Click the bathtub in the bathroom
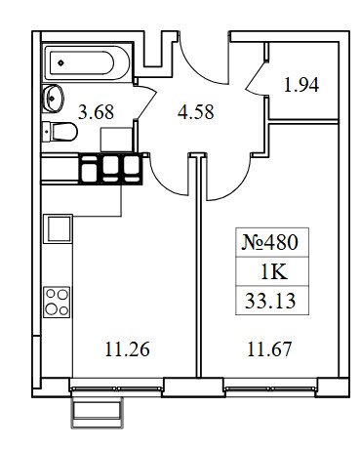tap(86, 62)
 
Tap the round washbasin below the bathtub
tap(53, 99)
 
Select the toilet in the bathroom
tap(60, 132)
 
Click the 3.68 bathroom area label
tap(97, 112)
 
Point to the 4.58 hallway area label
tap(196, 112)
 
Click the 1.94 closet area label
tap(301, 85)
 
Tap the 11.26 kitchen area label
tap(127, 349)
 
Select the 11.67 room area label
tap(269, 349)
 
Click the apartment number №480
tap(269, 243)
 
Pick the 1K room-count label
tap(274, 272)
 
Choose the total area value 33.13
tap(270, 301)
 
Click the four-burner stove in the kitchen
tap(57, 303)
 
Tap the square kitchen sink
tap(59, 228)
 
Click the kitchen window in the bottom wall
tap(116, 388)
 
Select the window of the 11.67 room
tap(270, 388)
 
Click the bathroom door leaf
tap(145, 100)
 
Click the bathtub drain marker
tap(60, 62)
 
